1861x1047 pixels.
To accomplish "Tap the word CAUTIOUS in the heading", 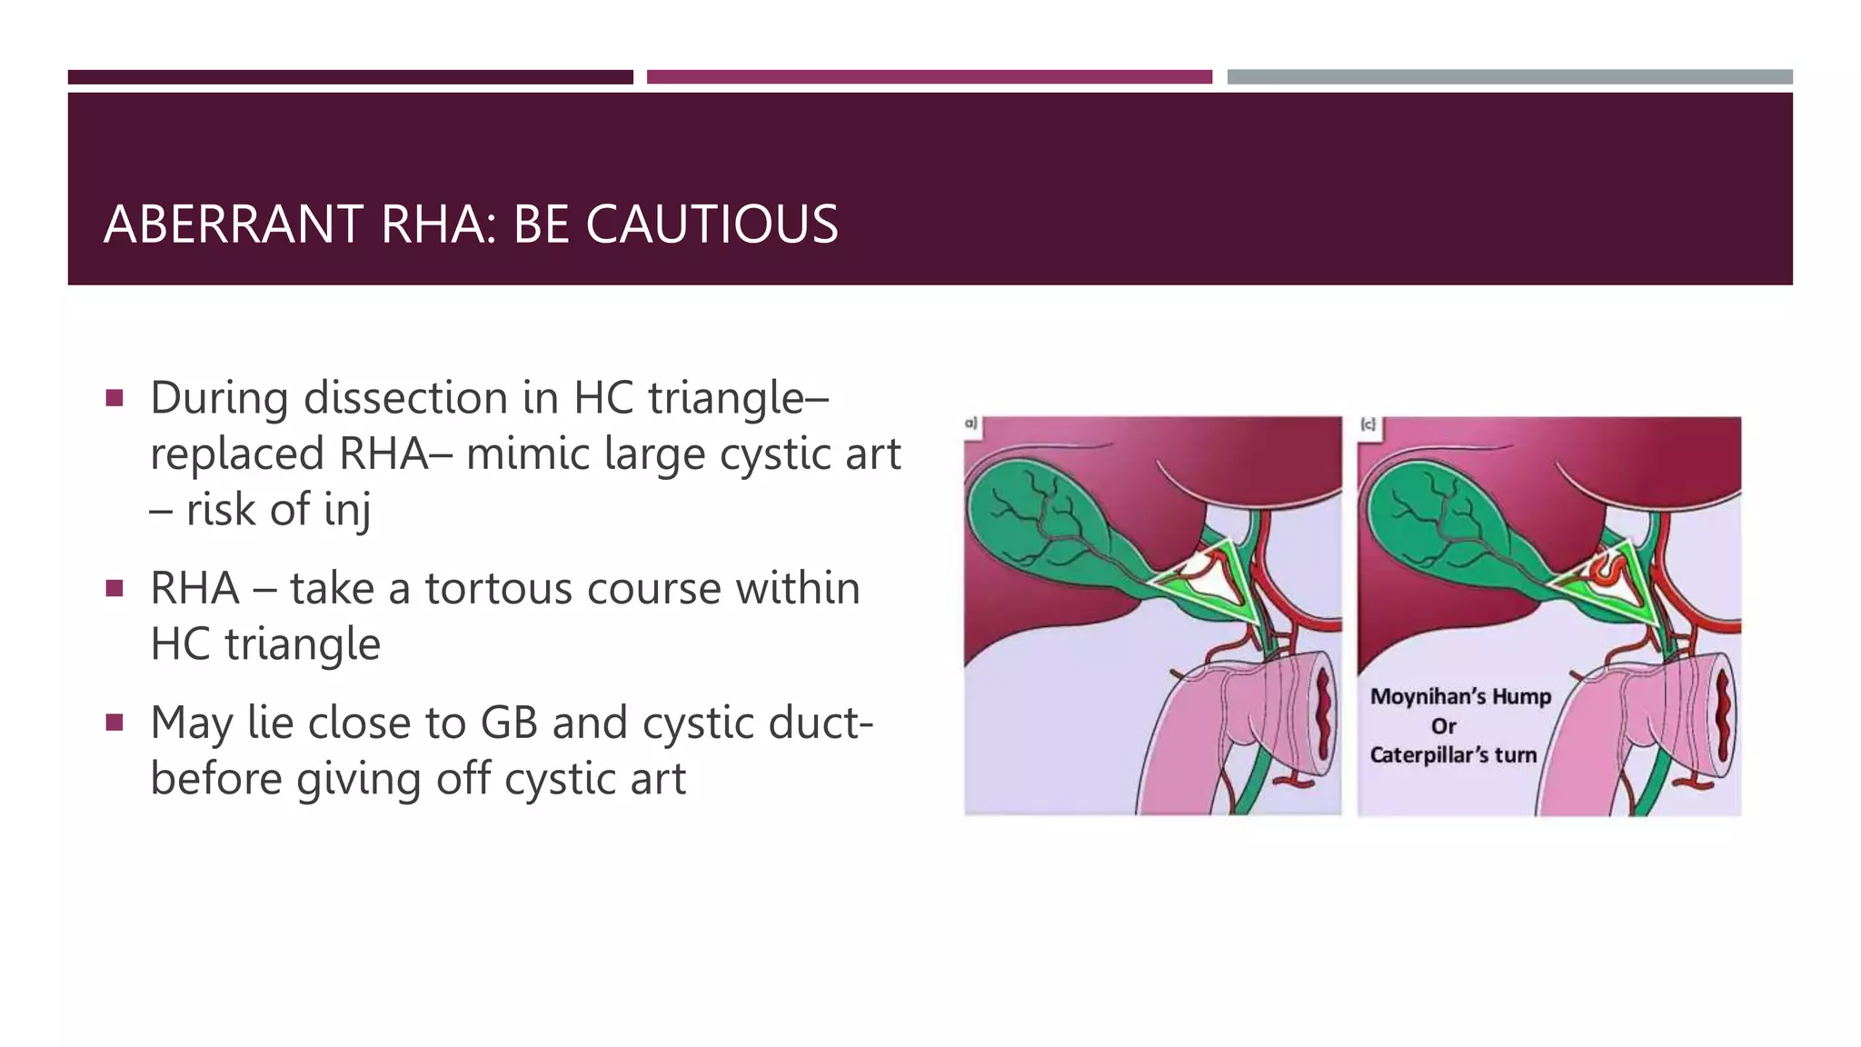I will (712, 224).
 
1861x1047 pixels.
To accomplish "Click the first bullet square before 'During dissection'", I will (114, 398).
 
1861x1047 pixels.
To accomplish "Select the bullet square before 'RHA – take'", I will (114, 589).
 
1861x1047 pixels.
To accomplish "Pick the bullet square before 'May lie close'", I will (114, 723).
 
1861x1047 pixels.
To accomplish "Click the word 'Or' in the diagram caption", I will (1444, 726).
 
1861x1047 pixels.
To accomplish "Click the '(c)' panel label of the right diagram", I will (1368, 424).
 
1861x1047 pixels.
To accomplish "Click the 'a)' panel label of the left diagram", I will (970, 424).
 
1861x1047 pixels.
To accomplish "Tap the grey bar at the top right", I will (1509, 77).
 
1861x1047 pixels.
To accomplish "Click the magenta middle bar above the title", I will (929, 77).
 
